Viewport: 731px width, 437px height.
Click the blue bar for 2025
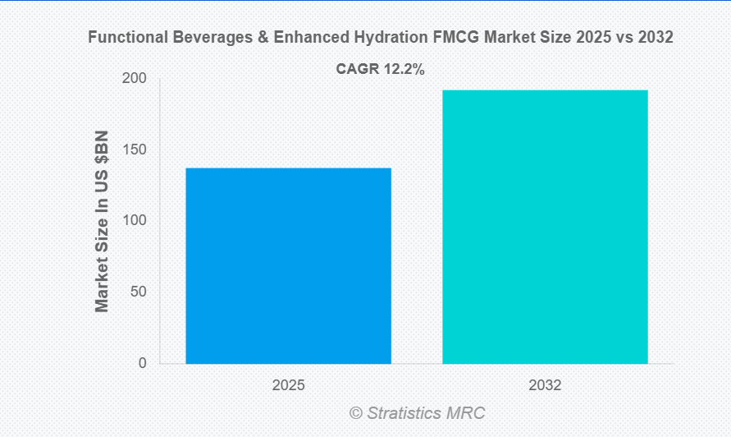pos(288,265)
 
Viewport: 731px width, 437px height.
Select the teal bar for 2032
pos(545,227)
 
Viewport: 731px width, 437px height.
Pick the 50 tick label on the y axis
pos(139,292)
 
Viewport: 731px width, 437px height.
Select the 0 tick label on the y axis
pos(142,363)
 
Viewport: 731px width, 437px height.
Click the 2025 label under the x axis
pos(288,384)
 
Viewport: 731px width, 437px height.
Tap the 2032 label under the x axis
pos(545,384)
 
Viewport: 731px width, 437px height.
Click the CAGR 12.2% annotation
pos(380,70)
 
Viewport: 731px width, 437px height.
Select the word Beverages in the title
pos(202,37)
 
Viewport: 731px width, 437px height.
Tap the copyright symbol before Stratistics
pos(355,413)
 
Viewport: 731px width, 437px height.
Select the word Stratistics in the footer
pos(406,413)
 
